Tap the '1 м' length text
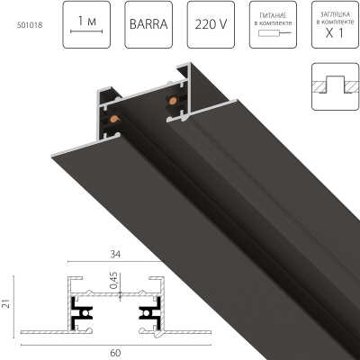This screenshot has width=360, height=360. [84, 20]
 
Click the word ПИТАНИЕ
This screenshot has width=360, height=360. [274, 13]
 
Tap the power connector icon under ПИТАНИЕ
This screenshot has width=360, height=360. [273, 34]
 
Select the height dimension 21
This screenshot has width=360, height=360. [6, 305]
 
